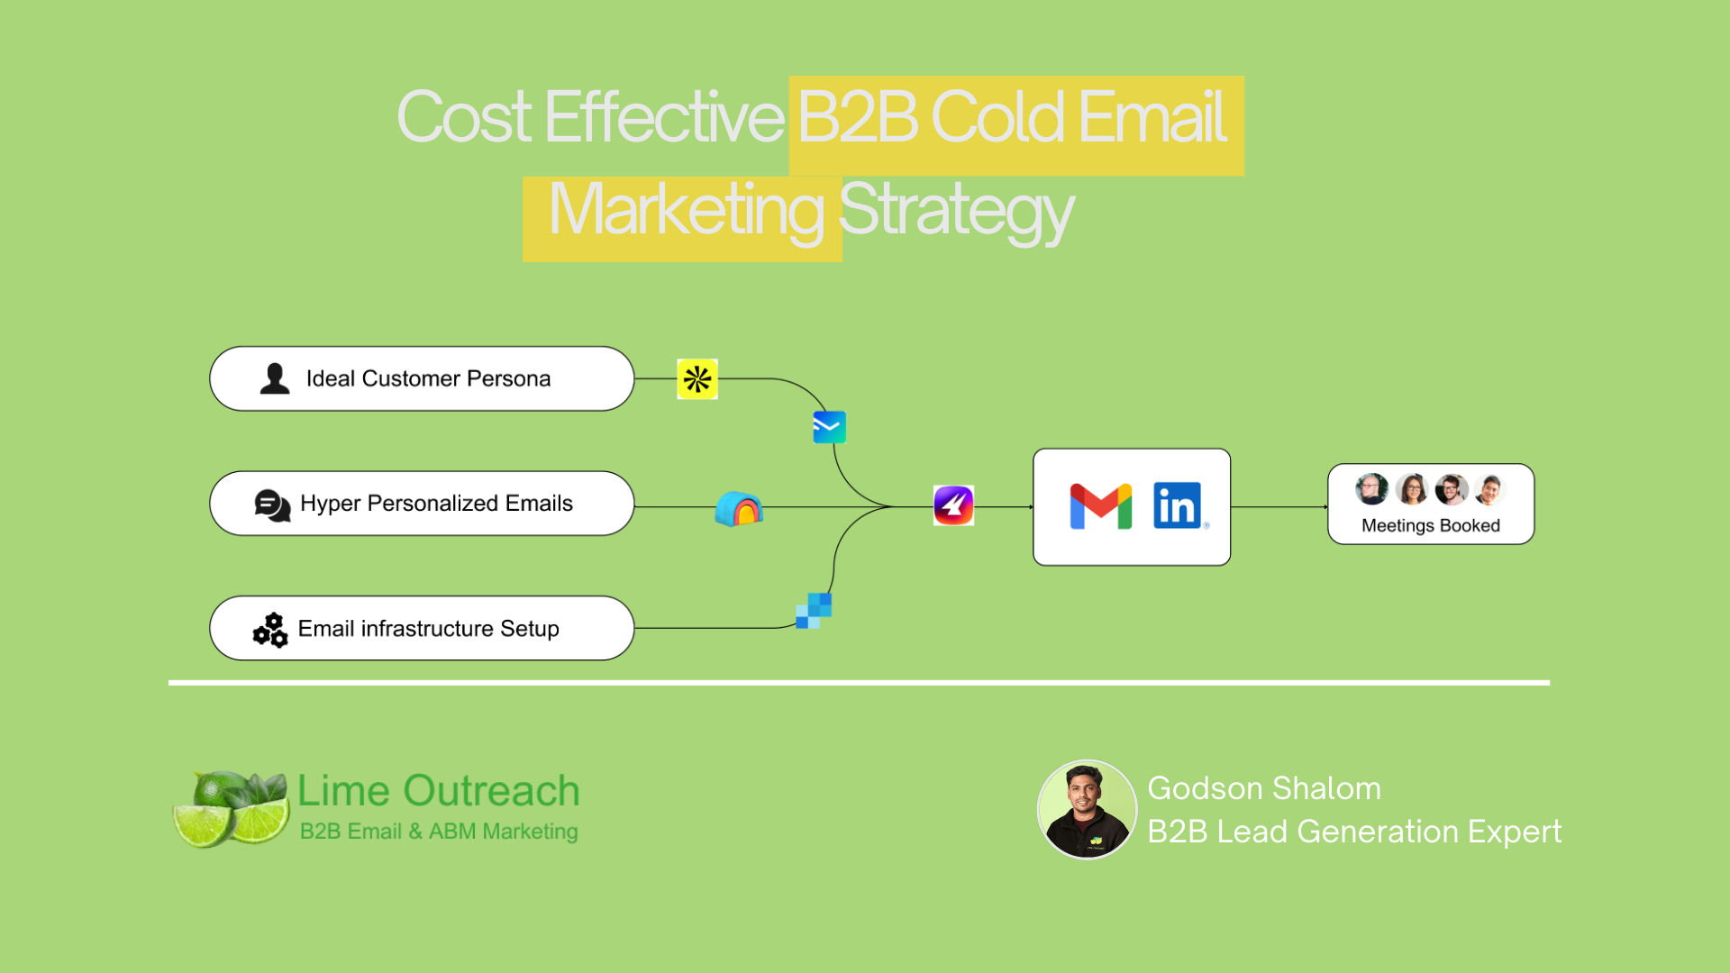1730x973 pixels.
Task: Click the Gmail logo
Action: point(1100,505)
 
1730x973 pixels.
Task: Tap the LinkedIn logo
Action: point(1178,505)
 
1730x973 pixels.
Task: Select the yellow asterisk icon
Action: point(697,379)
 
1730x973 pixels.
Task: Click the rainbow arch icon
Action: point(739,509)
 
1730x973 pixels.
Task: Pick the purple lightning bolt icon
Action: point(953,505)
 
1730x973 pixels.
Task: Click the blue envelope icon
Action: point(829,427)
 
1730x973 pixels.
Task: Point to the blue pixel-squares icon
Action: point(814,610)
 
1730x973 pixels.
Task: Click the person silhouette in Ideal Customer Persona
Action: point(275,378)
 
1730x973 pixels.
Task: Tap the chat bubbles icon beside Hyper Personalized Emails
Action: point(272,505)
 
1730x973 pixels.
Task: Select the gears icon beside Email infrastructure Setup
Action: point(270,630)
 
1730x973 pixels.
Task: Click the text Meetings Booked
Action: point(1431,525)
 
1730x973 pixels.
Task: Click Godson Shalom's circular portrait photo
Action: point(1088,809)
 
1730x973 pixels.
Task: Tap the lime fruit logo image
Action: point(232,808)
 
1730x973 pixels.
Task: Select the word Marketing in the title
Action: point(686,210)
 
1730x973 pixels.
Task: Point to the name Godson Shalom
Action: point(1264,788)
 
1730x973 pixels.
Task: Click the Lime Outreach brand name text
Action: point(439,791)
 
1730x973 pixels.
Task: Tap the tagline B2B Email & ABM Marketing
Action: point(439,832)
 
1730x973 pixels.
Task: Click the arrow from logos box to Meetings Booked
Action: point(1279,507)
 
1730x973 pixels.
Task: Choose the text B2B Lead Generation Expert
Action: point(1354,832)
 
